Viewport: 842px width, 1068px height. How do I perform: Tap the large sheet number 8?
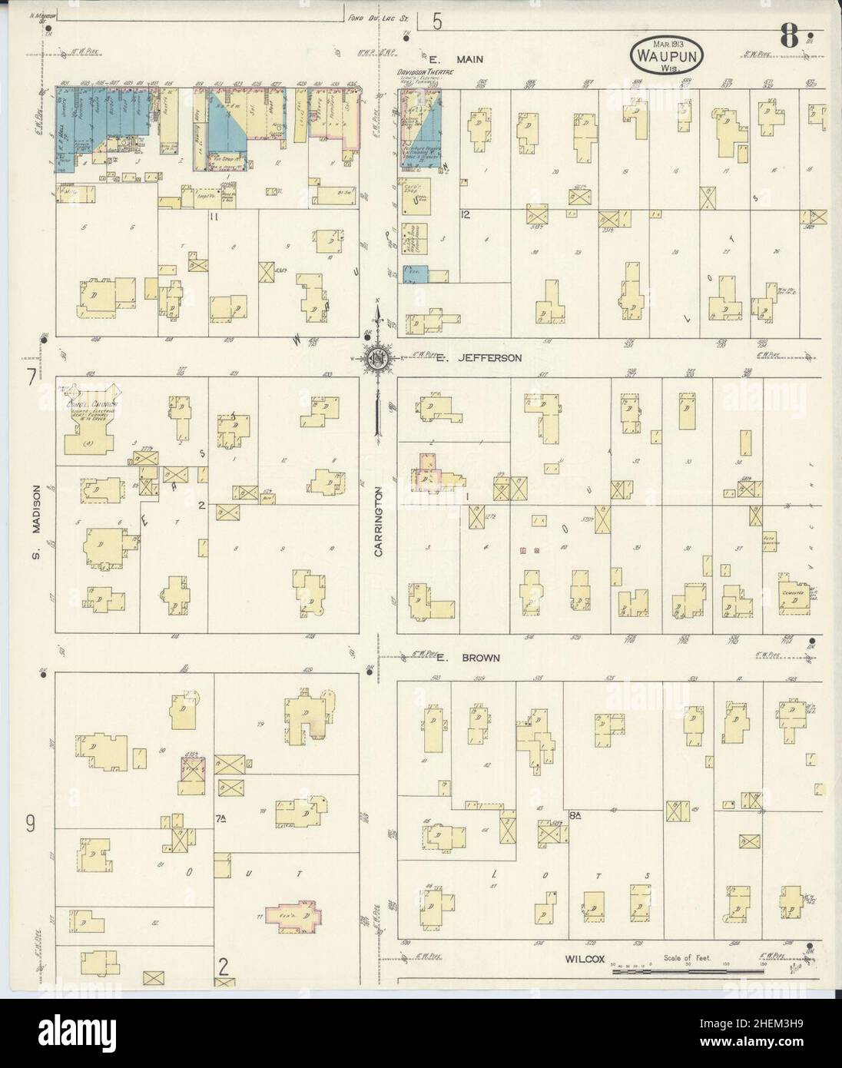[x=788, y=35]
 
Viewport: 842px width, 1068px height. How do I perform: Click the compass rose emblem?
[x=378, y=357]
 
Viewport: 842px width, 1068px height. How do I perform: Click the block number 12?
[x=466, y=214]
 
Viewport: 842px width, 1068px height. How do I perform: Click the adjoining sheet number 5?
[x=436, y=21]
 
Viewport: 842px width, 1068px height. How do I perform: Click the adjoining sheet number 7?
[x=31, y=377]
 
